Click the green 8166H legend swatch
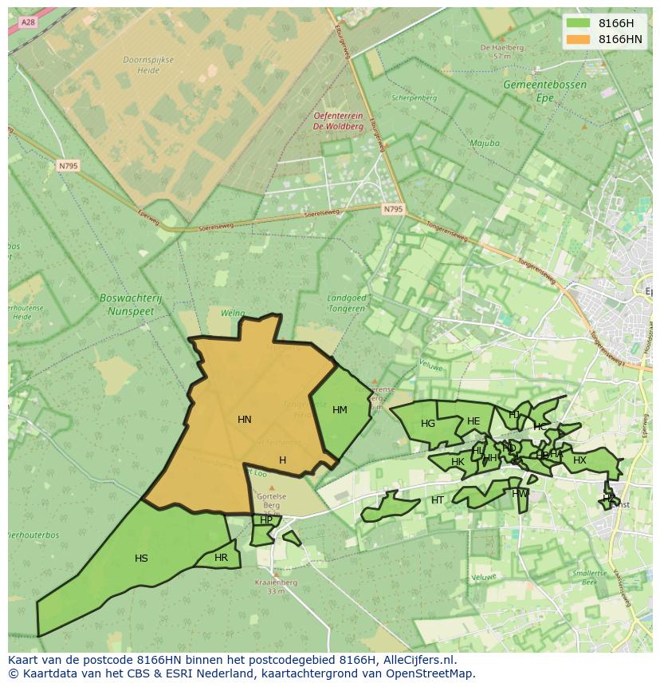coord(578,23)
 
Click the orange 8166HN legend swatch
coord(578,39)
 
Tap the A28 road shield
coord(29,22)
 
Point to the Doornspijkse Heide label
coord(142,65)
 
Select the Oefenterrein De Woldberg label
coord(339,120)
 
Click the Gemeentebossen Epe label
coord(544,90)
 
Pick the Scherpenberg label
coord(414,98)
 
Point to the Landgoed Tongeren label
coord(347,303)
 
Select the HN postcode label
coord(245,420)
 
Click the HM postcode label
coord(340,410)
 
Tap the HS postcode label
coord(141,559)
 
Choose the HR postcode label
coord(221,558)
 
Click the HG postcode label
coord(428,424)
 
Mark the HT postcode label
coord(438,500)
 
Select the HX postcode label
coord(579,460)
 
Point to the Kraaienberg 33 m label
coord(277,586)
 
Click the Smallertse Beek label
coord(589,578)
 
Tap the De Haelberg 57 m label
coord(501,52)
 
